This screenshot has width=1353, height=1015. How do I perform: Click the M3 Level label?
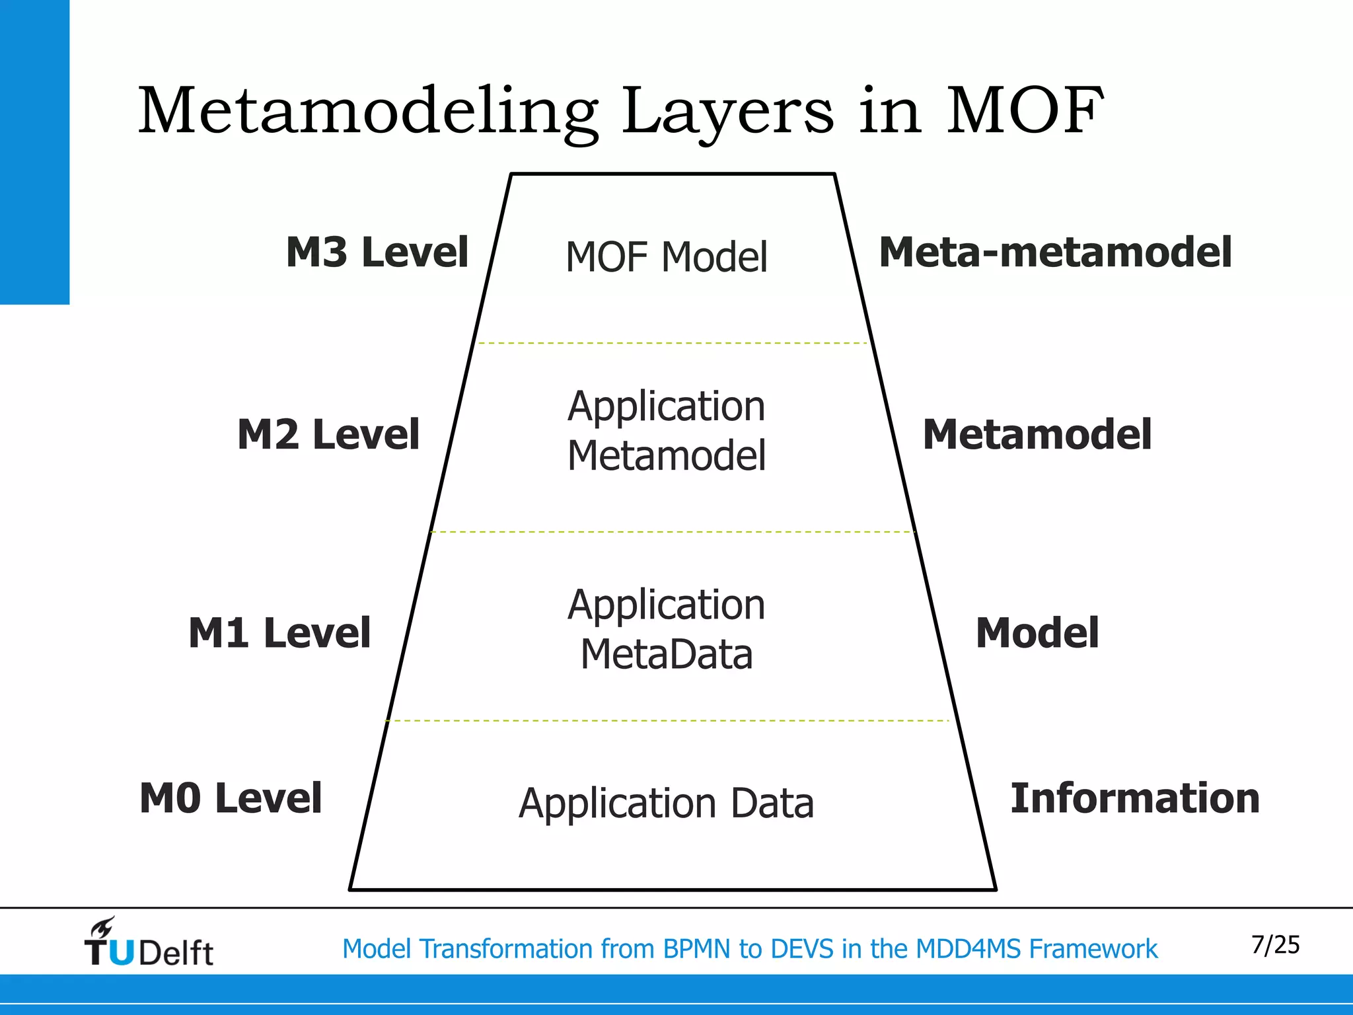377,252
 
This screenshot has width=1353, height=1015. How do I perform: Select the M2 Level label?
328,435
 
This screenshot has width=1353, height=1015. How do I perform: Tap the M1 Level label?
279,633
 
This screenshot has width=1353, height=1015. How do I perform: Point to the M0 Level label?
231,798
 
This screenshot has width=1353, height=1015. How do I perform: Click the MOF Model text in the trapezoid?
667,257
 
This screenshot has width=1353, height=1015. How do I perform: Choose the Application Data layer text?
666,804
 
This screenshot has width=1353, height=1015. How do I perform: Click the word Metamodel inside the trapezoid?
667,456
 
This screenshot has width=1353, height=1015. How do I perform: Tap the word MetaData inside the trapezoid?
667,655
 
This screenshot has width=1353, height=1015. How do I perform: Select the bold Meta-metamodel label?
1055,252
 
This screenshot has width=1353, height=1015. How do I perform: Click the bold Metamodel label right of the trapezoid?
1037,435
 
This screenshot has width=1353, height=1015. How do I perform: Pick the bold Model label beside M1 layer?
1037,633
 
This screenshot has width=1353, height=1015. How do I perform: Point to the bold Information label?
1135,798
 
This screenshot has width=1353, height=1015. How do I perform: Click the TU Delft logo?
149,944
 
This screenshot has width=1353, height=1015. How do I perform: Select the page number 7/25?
1275,945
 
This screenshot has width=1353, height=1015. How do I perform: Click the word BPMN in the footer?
698,949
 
